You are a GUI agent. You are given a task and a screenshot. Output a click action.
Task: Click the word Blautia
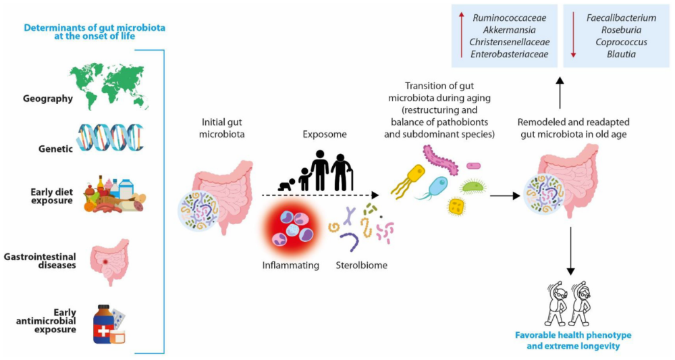(621, 54)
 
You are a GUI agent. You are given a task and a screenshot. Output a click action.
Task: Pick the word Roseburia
(621, 30)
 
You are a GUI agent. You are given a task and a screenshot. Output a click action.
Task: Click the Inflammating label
(290, 265)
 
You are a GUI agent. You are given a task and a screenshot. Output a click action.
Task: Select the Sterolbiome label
(361, 265)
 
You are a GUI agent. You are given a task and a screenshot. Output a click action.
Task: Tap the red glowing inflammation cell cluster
(291, 229)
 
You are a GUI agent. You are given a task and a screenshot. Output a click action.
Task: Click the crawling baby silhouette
(287, 184)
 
